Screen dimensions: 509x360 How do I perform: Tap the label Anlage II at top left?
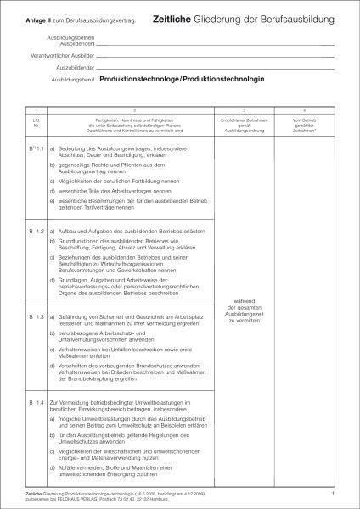[x=39, y=19]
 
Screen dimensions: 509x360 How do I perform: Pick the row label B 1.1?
[x=37, y=149]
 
